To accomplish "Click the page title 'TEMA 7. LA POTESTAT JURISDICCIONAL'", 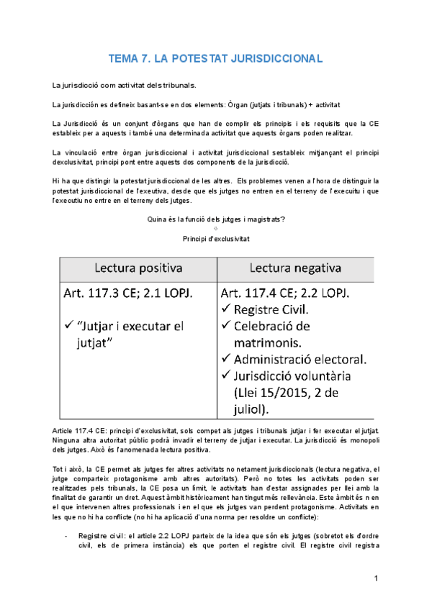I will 215,58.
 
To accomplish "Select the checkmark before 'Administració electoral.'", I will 227,358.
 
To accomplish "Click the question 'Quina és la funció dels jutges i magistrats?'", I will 215,219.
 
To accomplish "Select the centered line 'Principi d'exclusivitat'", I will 215,238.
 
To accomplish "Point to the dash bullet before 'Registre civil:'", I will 66,536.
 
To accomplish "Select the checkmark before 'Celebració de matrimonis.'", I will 227,326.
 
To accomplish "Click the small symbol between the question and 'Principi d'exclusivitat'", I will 216,229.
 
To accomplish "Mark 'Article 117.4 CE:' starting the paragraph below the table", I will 80,429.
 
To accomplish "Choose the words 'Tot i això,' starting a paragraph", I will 69,469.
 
